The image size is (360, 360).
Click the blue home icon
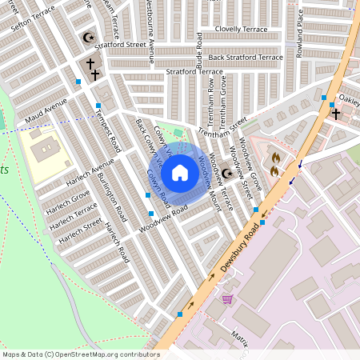pos(180,172)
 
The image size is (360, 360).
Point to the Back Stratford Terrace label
pos(246,58)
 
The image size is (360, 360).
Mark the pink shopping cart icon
pos(227,300)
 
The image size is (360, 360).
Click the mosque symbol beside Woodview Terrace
pos(226,173)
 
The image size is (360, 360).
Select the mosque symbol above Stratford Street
pos(88,38)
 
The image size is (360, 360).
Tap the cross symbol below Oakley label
pos(336,114)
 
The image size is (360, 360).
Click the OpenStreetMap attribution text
pos(80,354)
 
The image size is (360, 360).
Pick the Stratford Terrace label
pos(191,72)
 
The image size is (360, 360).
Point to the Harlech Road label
pos(117,242)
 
